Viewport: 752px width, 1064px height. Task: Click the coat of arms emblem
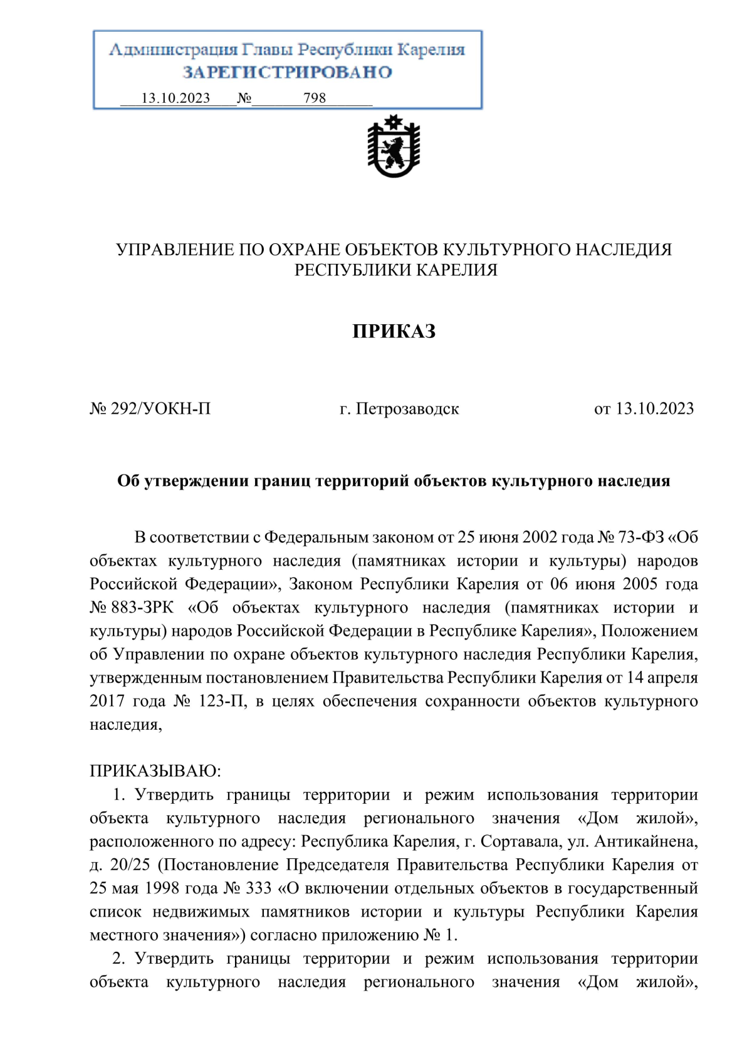pos(394,147)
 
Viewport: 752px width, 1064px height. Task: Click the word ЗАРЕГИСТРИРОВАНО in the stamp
pos(287,73)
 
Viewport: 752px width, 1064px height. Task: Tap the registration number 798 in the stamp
pos(315,98)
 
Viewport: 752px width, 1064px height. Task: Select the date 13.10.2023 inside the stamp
pos(175,98)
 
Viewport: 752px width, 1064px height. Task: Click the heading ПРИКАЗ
pos(394,331)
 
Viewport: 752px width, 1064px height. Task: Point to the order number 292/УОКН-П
pos(160,409)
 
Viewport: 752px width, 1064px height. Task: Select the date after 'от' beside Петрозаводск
pos(654,409)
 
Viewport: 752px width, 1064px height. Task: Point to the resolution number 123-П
pos(222,701)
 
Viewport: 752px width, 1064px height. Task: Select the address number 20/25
pos(130,865)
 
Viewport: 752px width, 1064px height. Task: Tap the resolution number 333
pos(259,888)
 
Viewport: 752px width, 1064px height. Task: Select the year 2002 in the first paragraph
pos(540,537)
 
